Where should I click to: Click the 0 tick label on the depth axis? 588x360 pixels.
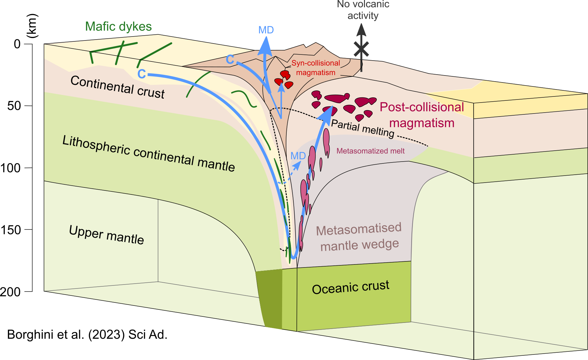[x=17, y=44]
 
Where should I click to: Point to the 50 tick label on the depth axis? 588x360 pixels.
[x=14, y=106]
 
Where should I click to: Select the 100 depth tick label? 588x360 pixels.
[x=11, y=168]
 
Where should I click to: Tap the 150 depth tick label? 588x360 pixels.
[x=11, y=230]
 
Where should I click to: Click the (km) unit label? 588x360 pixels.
[x=32, y=26]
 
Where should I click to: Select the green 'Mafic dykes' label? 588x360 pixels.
[x=118, y=26]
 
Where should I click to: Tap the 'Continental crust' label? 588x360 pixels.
[x=117, y=87]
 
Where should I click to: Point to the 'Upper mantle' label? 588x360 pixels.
[x=107, y=235]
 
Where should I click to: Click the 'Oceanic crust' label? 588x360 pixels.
[x=351, y=287]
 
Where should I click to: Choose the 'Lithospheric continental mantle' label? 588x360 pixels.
[x=149, y=154]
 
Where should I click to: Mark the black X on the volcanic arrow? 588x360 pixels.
[x=361, y=49]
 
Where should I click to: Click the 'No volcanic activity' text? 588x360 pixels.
[x=363, y=10]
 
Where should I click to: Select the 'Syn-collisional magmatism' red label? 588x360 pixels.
[x=316, y=68]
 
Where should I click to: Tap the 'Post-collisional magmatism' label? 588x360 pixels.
[x=422, y=115]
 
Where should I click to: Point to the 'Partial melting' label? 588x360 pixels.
[x=362, y=128]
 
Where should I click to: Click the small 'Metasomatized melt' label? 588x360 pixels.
[x=370, y=151]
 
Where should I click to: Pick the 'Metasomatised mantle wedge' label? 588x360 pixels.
[x=359, y=237]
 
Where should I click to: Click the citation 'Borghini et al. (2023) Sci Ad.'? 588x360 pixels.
[x=87, y=334]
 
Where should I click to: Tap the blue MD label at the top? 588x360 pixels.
[x=266, y=30]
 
